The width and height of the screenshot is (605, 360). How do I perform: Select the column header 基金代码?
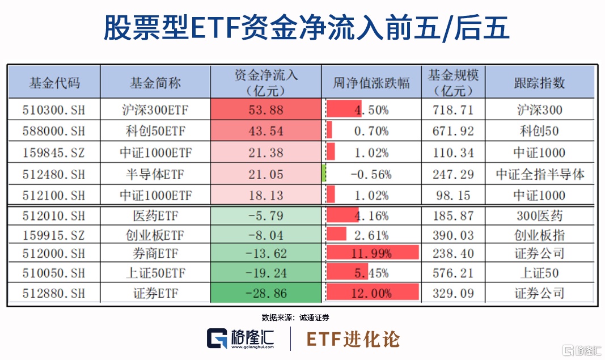coord(54,83)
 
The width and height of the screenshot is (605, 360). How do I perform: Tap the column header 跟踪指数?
coord(539,83)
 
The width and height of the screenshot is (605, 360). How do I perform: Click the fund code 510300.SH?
coord(54,109)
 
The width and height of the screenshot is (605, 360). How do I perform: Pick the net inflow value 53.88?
coord(265,109)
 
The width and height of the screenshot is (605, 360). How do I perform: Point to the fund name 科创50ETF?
coord(155,131)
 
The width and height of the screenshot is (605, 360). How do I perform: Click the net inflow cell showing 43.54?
coord(265,131)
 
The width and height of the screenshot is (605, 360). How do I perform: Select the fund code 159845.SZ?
coord(54,153)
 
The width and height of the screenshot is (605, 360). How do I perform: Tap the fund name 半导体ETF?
coord(155,174)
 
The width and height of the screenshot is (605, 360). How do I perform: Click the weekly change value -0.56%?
coord(371,174)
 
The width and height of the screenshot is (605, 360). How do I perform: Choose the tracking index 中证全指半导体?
coord(539,174)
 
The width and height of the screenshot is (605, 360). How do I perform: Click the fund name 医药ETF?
coord(155,216)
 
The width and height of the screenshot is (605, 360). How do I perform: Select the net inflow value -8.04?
coord(265,235)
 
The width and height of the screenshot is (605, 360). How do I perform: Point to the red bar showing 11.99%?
coord(372,253)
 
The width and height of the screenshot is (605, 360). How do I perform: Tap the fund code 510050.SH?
coord(54,273)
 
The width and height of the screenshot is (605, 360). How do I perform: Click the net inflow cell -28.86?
coord(265,294)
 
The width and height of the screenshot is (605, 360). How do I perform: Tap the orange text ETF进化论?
coord(353,339)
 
